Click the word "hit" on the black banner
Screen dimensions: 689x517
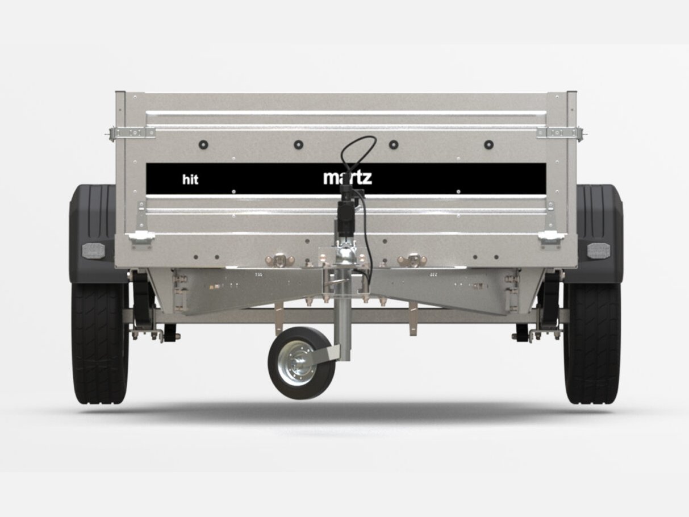pyautogui.click(x=190, y=180)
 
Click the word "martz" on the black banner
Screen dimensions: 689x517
pyautogui.click(x=348, y=177)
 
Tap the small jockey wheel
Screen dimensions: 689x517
pyautogui.click(x=302, y=362)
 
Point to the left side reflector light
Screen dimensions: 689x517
pyautogui.click(x=91, y=251)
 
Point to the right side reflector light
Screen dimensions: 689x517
pyautogui.click(x=599, y=251)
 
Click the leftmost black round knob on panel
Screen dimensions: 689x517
pyautogui.click(x=203, y=144)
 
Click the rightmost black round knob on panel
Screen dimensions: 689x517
pyautogui.click(x=488, y=144)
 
